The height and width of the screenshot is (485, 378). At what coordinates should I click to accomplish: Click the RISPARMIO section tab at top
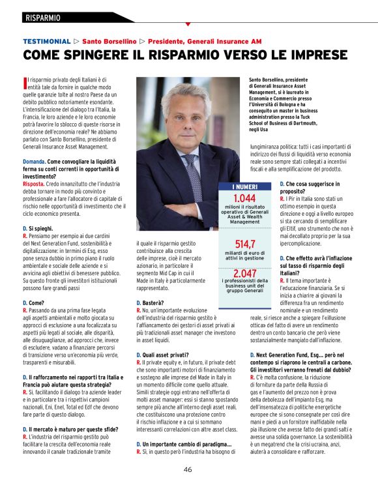[43, 17]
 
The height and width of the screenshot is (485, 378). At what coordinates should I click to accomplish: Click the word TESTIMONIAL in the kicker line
[46, 40]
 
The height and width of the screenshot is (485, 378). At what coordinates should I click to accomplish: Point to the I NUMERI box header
[244, 187]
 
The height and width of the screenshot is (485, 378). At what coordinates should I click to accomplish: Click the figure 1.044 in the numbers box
[244, 198]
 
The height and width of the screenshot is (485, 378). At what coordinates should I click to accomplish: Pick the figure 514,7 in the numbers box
[244, 244]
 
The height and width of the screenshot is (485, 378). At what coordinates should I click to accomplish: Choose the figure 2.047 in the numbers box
[244, 273]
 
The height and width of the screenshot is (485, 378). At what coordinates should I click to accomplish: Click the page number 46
[188, 469]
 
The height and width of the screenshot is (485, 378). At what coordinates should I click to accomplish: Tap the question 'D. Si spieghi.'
[40, 229]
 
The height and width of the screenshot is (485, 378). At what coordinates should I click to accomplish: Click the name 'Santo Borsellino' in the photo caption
[270, 80]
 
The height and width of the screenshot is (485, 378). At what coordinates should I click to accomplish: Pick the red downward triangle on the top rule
[188, 25]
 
